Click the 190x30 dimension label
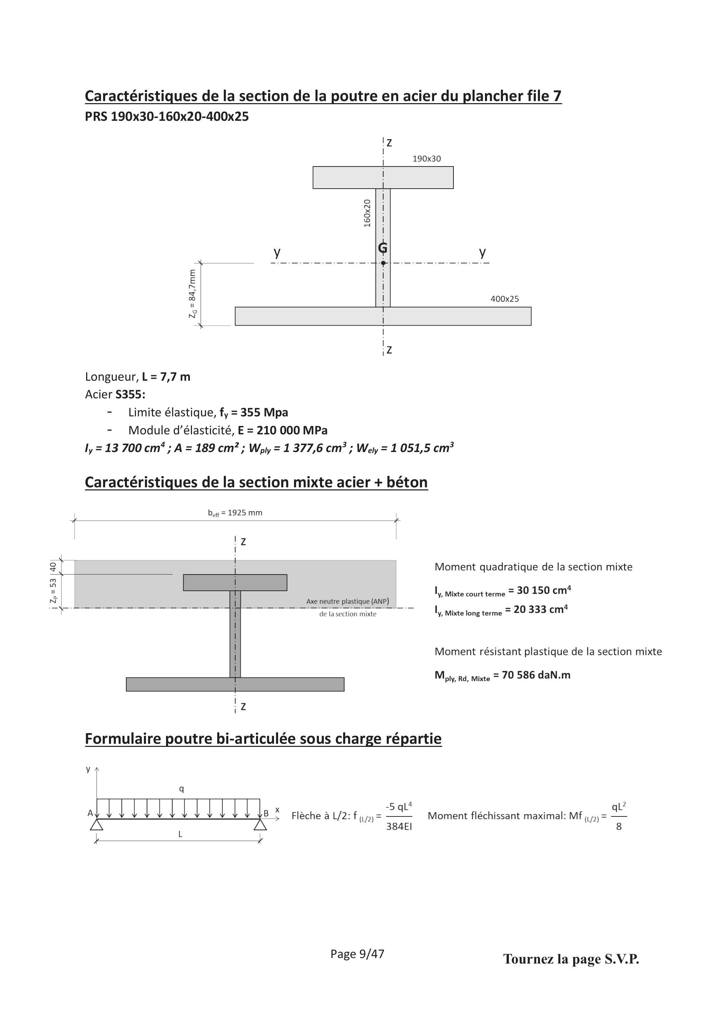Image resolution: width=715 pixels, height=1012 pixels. click(427, 159)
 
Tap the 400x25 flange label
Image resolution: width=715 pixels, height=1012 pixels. click(505, 299)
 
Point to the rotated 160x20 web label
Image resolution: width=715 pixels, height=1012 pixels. click(367, 213)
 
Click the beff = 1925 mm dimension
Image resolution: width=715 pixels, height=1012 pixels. click(235, 513)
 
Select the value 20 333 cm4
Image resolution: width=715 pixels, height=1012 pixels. click(541, 609)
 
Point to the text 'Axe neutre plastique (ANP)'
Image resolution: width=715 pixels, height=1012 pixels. click(348, 601)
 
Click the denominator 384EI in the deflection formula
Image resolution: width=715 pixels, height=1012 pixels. click(399, 826)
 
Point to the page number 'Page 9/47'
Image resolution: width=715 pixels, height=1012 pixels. click(357, 954)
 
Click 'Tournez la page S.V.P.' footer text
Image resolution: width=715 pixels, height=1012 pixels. click(571, 959)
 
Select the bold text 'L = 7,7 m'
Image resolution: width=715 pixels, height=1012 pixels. click(166, 377)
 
